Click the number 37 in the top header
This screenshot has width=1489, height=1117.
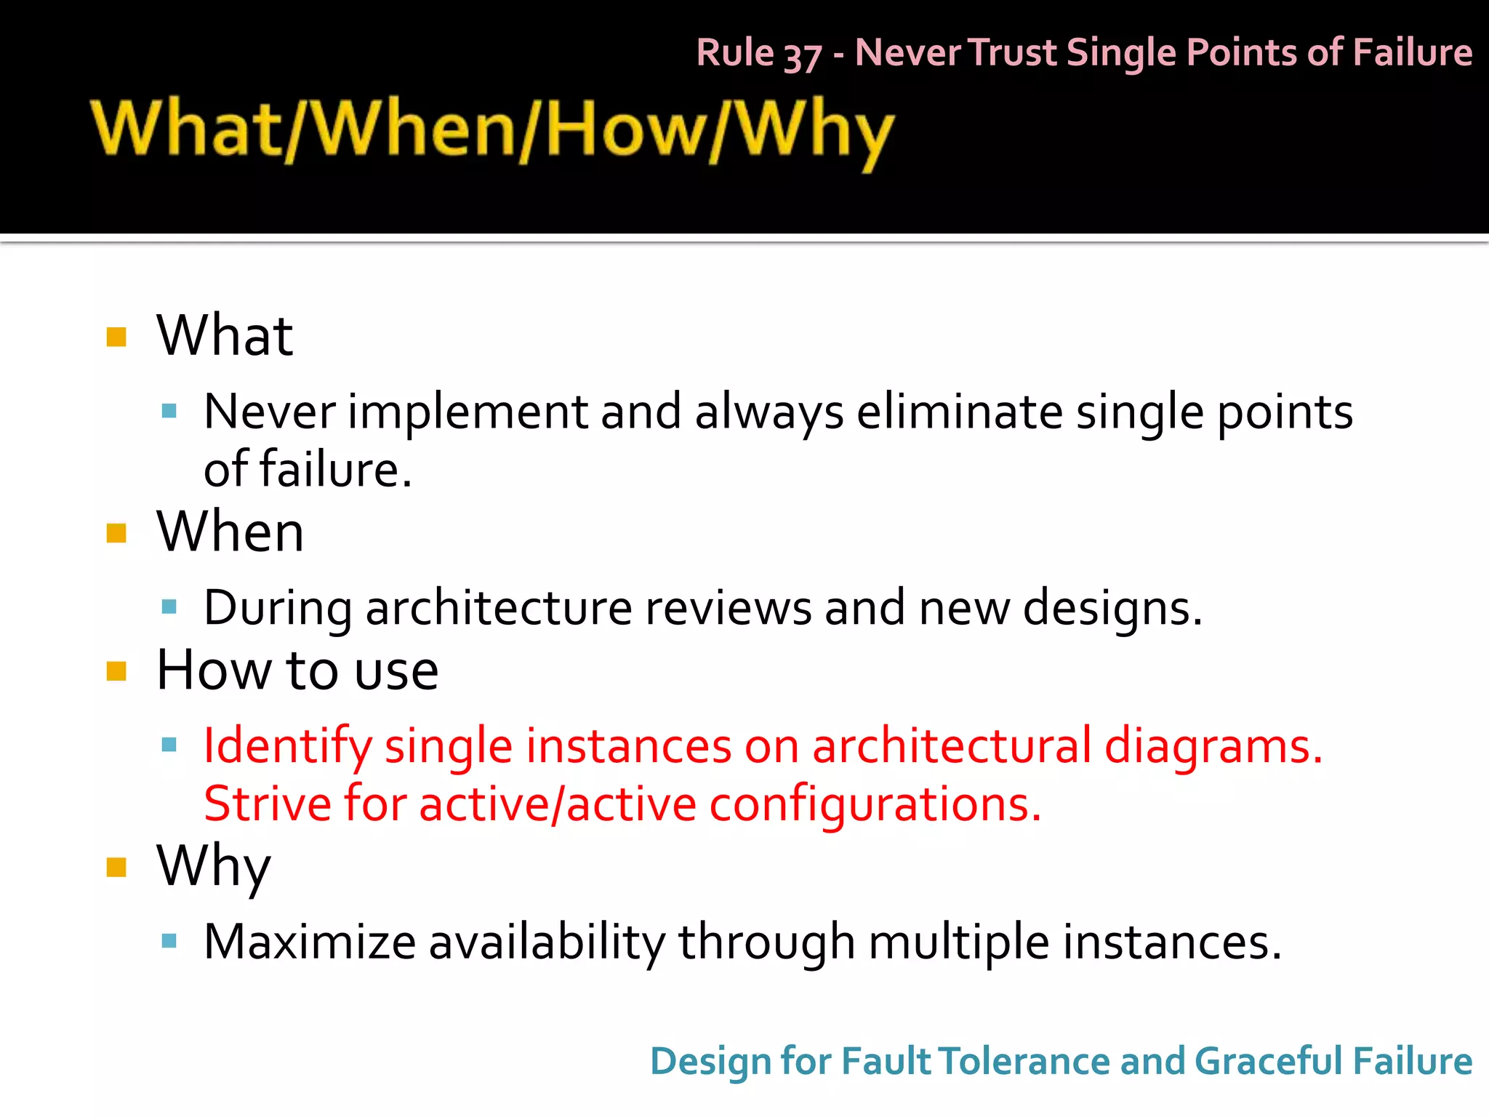pyautogui.click(x=802, y=55)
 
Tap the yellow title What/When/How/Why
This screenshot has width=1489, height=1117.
pyautogui.click(x=491, y=131)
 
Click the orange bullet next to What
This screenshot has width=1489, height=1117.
pyautogui.click(x=116, y=337)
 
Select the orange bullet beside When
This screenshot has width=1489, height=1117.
pyautogui.click(x=116, y=533)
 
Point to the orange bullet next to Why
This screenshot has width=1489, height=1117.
pyautogui.click(x=116, y=867)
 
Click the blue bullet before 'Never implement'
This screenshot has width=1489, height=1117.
pyautogui.click(x=169, y=412)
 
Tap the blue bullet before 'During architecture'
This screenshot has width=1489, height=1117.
pyautogui.click(x=169, y=606)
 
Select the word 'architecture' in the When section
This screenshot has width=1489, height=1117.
pyautogui.click(x=499, y=608)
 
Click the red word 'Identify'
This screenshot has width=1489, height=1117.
pyautogui.click(x=287, y=747)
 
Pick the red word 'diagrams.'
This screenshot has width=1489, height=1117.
pyautogui.click(x=1213, y=747)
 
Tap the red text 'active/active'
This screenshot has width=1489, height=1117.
pyautogui.click(x=558, y=804)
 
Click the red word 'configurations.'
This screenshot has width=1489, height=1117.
pyautogui.click(x=875, y=804)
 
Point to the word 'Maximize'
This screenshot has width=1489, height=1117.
pyautogui.click(x=310, y=942)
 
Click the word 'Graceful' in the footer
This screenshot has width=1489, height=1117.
pyautogui.click(x=1267, y=1061)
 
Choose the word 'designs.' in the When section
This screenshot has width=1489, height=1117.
pyautogui.click(x=1112, y=608)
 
